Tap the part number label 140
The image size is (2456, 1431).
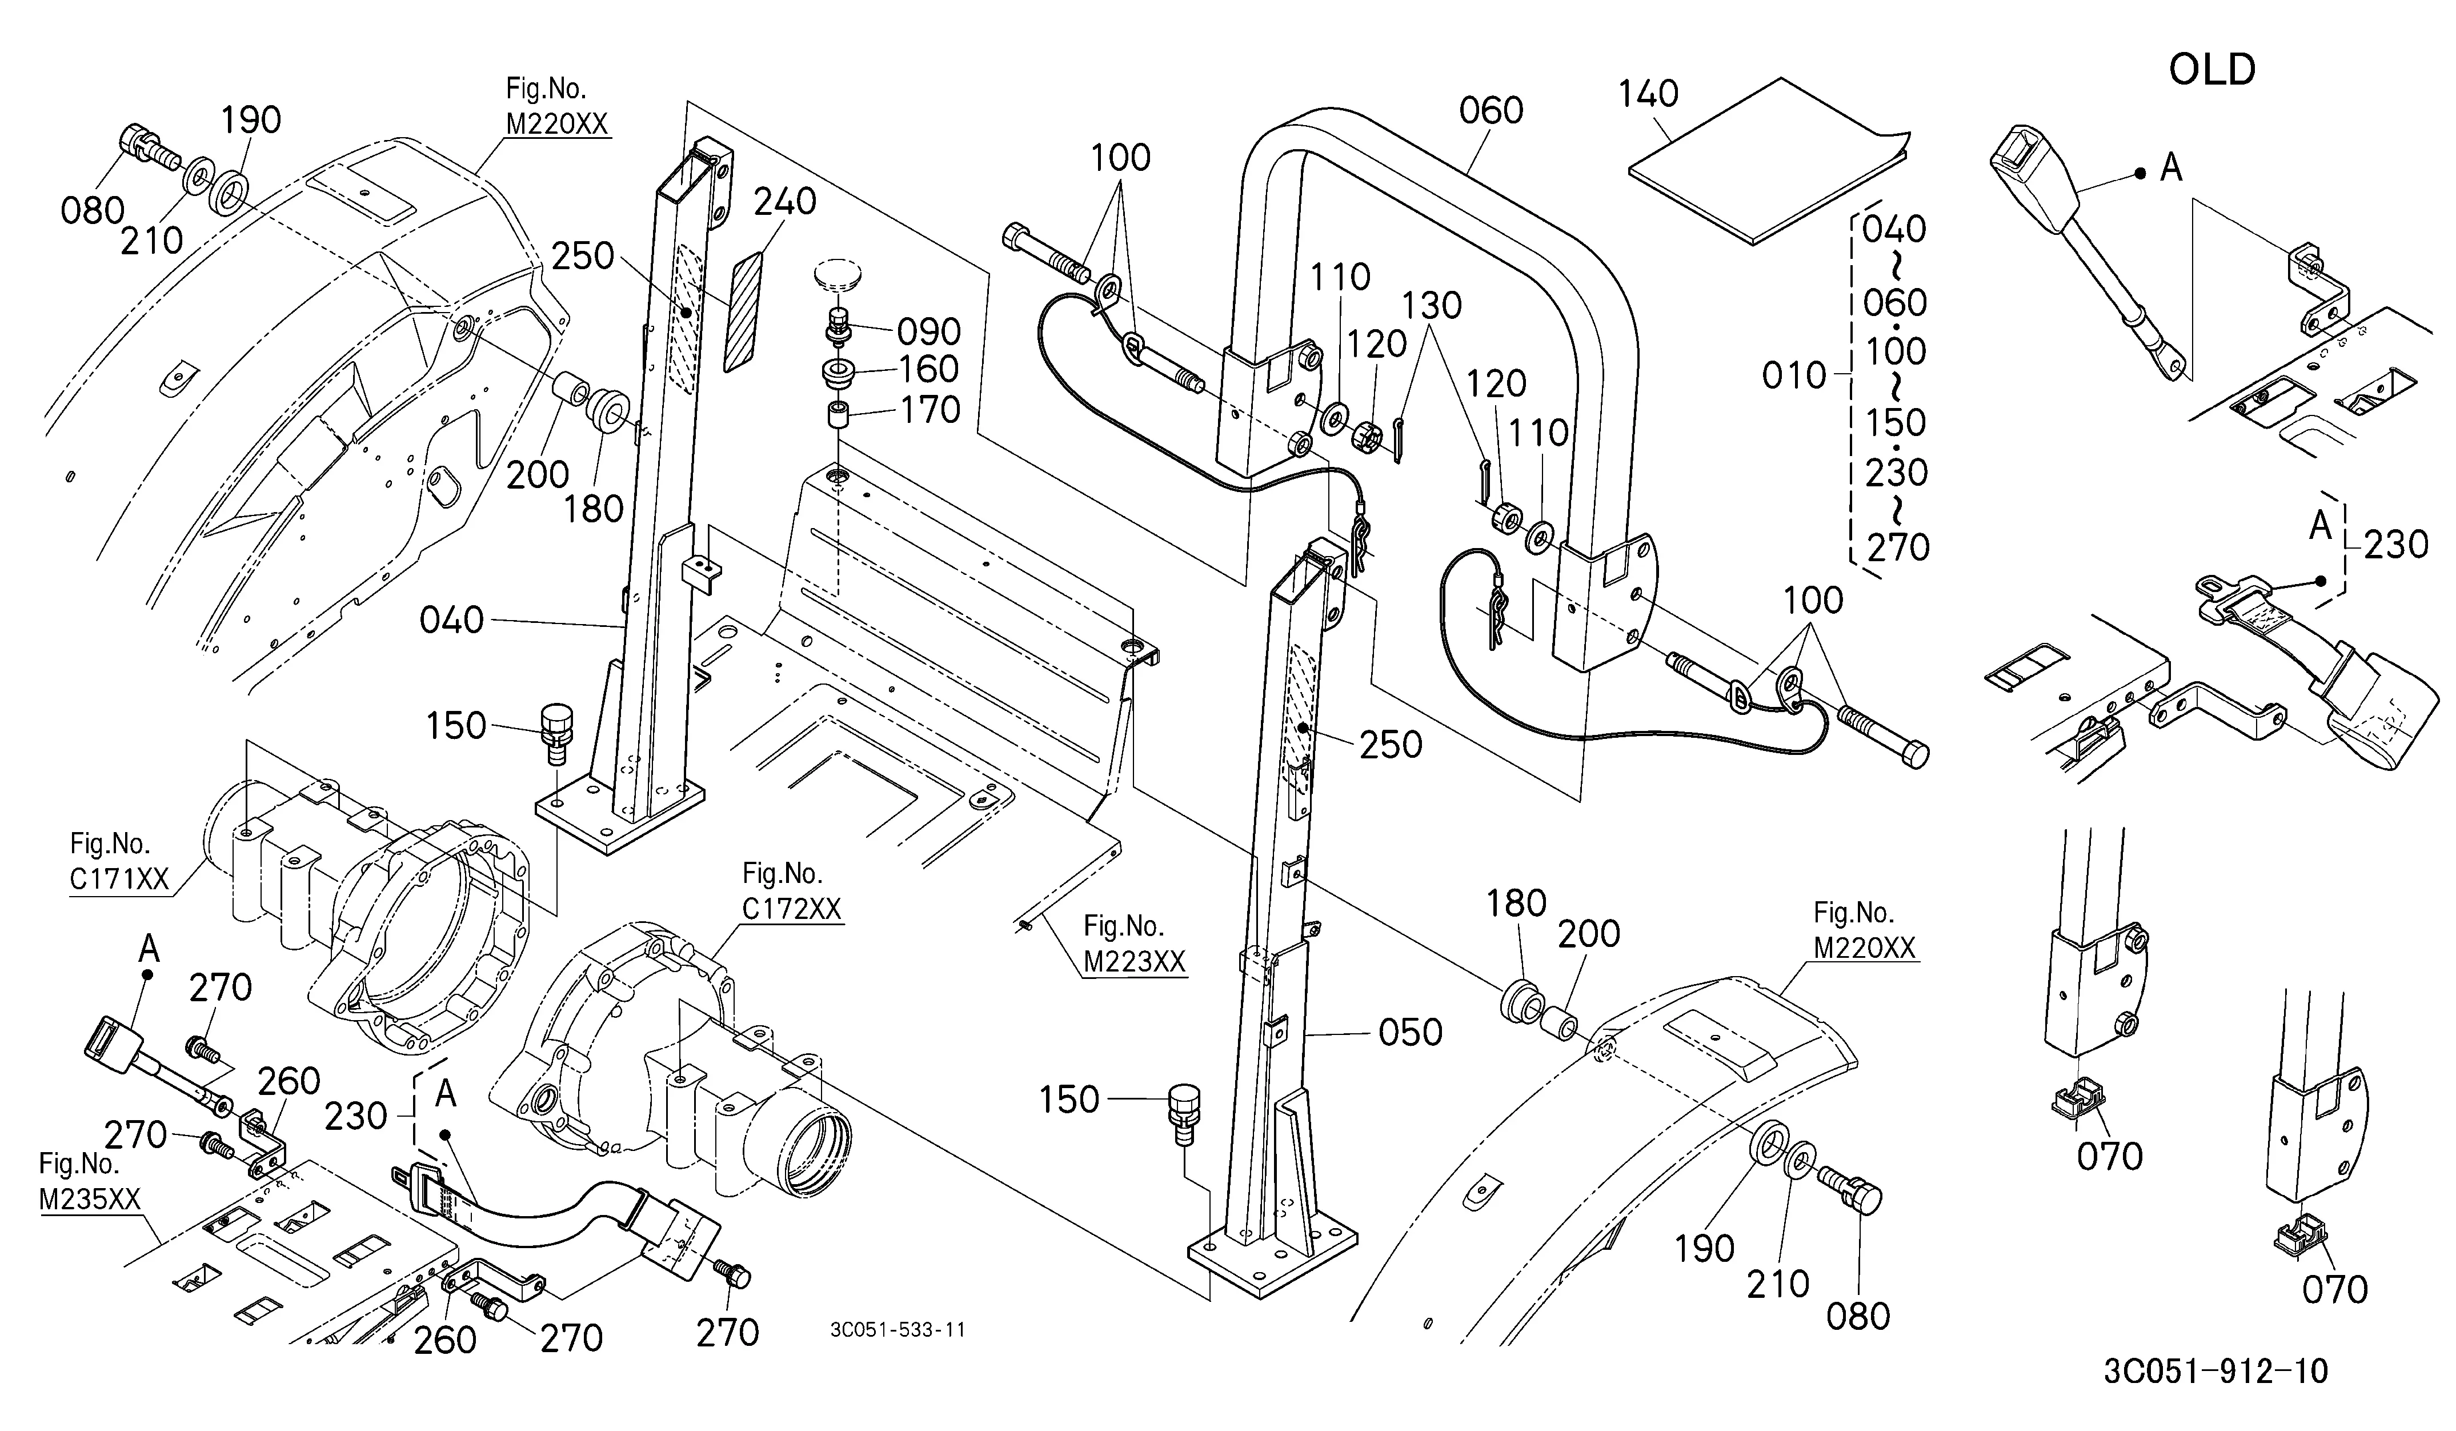coord(1649,94)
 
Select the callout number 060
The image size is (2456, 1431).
coord(1491,111)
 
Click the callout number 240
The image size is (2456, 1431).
coord(784,202)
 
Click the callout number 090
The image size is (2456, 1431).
coord(929,333)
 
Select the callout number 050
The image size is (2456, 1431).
coord(1411,1032)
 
